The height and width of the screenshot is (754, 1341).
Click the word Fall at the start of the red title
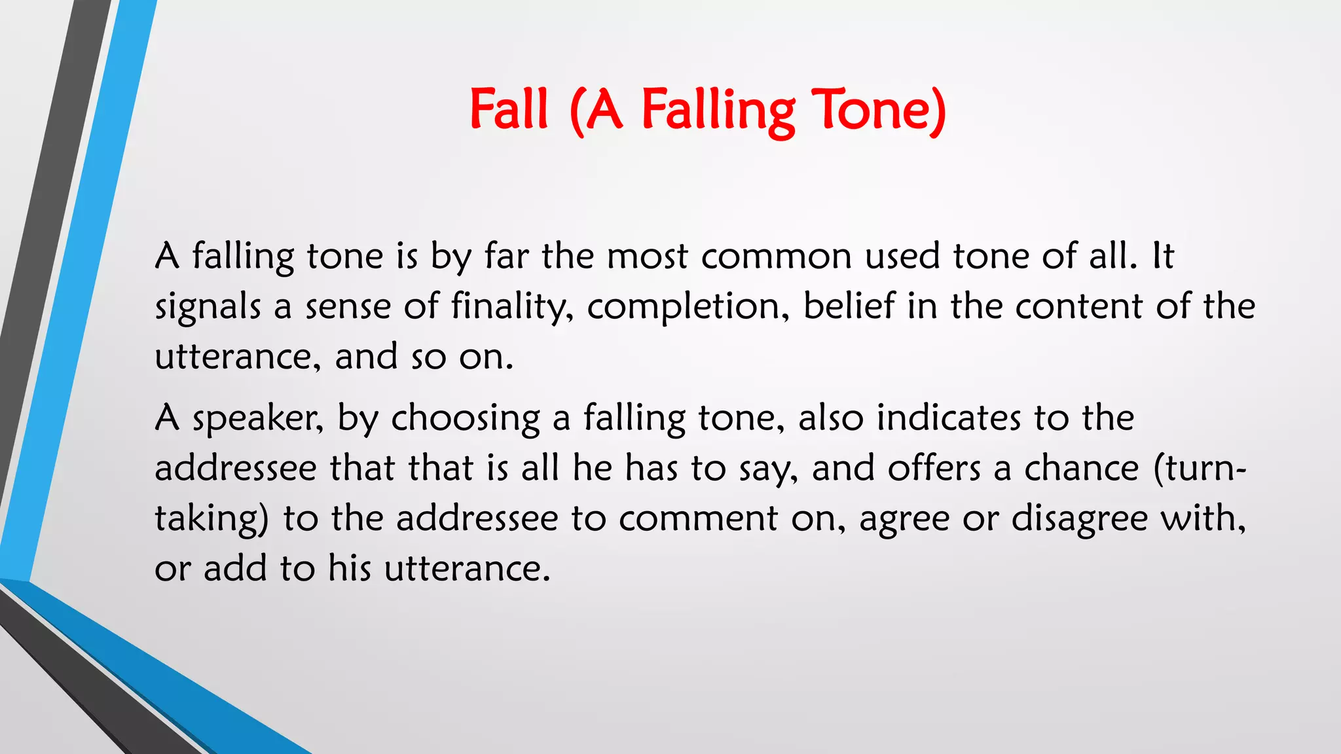(508, 109)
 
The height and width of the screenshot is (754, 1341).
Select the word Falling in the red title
(718, 111)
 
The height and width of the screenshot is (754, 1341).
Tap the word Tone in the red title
(878, 109)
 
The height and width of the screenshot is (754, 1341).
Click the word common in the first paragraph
(776, 256)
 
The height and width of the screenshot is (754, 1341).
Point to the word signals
(208, 308)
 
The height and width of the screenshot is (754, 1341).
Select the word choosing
(466, 419)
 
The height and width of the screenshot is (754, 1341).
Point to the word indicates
(949, 418)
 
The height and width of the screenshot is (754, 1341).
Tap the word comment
(698, 519)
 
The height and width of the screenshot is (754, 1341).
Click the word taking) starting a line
(211, 519)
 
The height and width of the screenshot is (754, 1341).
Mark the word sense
(348, 307)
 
